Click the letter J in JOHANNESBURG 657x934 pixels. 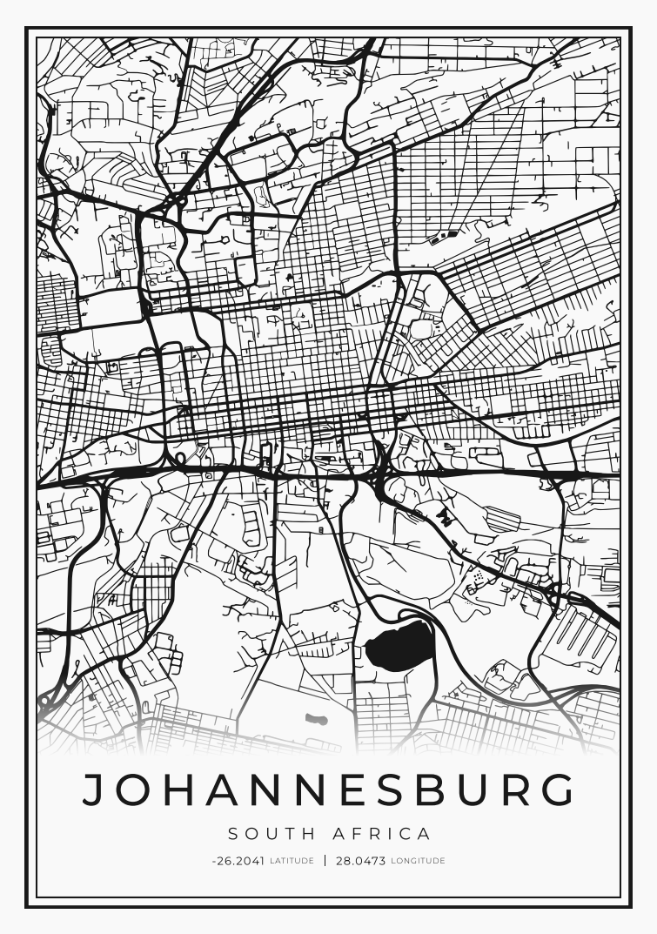[x=93, y=790]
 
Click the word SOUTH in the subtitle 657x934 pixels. [x=266, y=834]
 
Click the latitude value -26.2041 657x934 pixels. [x=238, y=861]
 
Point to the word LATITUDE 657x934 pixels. [x=292, y=861]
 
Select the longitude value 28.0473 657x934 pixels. [x=360, y=861]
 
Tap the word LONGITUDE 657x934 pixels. [x=418, y=861]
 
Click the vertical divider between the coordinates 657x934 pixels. [x=325, y=861]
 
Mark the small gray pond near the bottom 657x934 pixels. [x=316, y=720]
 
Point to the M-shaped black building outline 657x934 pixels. [x=446, y=519]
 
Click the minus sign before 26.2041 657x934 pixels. [x=213, y=861]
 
